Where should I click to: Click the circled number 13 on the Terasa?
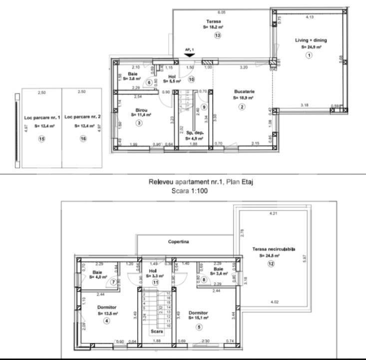(x=218, y=35)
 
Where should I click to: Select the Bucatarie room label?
(x=243, y=92)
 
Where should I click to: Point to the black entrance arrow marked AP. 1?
(x=189, y=54)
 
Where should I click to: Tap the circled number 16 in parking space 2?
(x=83, y=138)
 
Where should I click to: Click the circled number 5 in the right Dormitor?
(x=198, y=327)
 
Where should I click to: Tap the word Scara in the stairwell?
(x=156, y=330)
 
